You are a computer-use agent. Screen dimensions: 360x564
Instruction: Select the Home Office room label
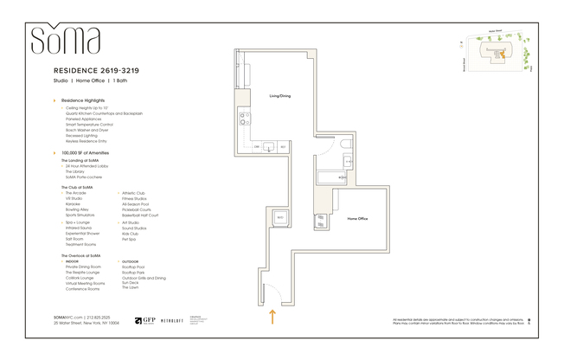click(x=358, y=219)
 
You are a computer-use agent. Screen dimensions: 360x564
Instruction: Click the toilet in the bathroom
click(x=345, y=145)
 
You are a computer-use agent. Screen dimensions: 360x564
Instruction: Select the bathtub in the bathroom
click(x=331, y=179)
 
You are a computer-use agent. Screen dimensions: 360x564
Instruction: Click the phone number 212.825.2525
click(x=103, y=317)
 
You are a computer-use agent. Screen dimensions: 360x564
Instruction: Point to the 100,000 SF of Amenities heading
click(x=85, y=152)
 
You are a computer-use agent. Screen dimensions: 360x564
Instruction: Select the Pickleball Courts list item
click(x=138, y=209)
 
